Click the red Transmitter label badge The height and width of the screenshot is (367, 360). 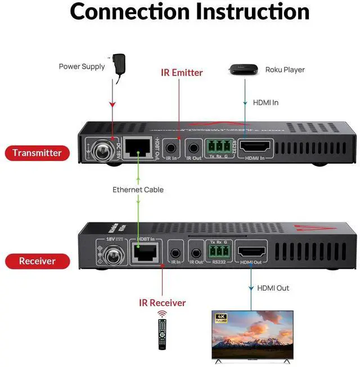37,153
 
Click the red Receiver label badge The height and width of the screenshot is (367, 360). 37,261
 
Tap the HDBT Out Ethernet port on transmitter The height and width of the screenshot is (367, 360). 138,148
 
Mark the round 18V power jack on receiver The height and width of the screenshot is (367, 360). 107,256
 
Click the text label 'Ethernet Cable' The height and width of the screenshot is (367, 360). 138,190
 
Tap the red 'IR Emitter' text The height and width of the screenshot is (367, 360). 182,73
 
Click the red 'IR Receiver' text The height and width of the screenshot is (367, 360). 162,303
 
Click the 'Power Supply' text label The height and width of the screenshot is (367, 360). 82,66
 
